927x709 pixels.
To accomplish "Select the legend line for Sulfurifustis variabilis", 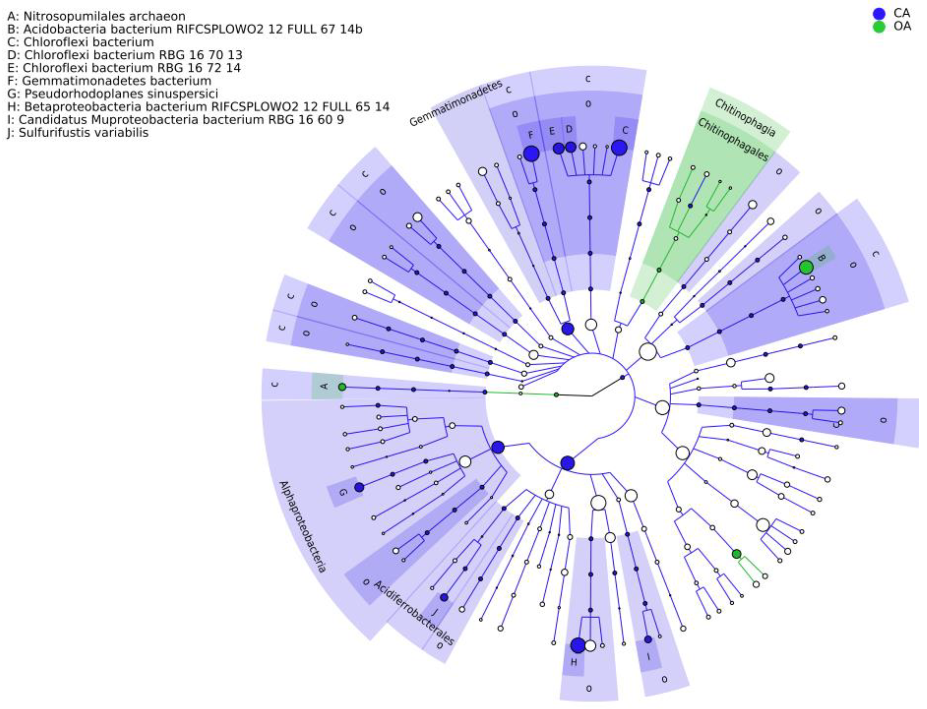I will pyautogui.click(x=78, y=133).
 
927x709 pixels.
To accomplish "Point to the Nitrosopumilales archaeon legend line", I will pyautogui.click(x=96, y=16).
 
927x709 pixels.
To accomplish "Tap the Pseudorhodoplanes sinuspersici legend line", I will pyautogui.click(x=113, y=94).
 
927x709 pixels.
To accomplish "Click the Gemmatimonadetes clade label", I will pyautogui.click(x=456, y=103).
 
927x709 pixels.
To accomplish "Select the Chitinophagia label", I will pyautogui.click(x=745, y=118).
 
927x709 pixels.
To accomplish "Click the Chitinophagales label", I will pyautogui.click(x=732, y=139).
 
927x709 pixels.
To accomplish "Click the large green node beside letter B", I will pyautogui.click(x=806, y=267).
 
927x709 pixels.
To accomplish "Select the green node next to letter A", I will pyautogui.click(x=342, y=387).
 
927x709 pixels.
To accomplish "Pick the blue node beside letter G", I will pyautogui.click(x=359, y=488).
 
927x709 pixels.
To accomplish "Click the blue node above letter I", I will pyautogui.click(x=648, y=639).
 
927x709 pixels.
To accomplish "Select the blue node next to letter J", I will pyautogui.click(x=444, y=597).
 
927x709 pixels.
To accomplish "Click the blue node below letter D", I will pyautogui.click(x=571, y=147).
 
